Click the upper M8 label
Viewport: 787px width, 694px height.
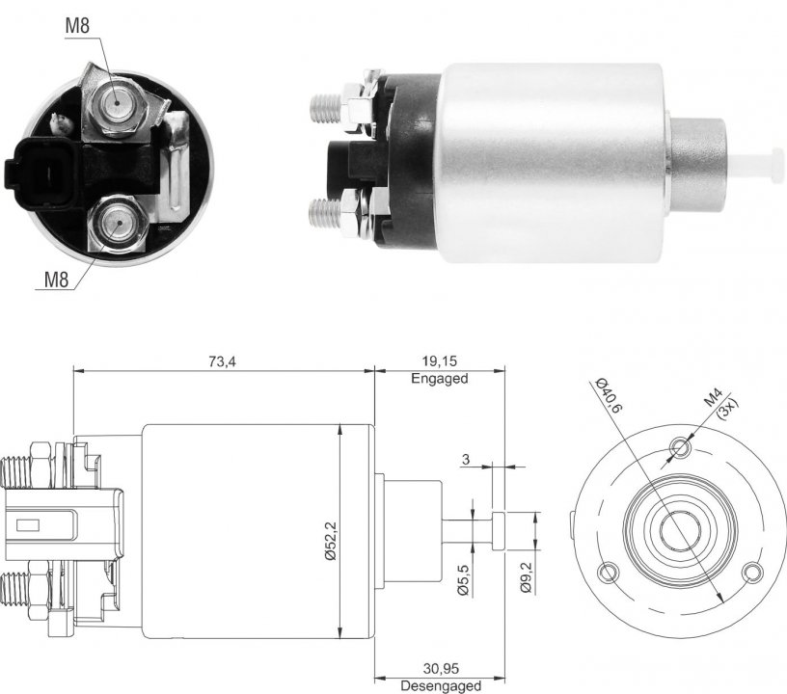(77, 26)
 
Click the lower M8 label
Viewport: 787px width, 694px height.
(56, 280)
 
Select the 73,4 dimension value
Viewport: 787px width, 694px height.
(222, 361)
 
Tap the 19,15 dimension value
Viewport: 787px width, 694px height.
(440, 361)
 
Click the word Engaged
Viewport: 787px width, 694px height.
(440, 379)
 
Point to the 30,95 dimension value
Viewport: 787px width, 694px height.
(441, 668)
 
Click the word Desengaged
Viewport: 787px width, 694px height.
(441, 685)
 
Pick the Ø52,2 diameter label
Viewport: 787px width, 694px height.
(331, 541)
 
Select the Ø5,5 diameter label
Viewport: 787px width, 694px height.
(463, 579)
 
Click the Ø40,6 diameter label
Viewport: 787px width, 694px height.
(609, 395)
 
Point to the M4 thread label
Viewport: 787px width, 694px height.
(713, 398)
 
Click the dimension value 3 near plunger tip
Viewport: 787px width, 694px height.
(466, 460)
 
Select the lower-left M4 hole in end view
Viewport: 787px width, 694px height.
(609, 572)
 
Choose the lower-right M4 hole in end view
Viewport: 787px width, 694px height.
(752, 572)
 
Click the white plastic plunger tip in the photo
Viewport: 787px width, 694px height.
(756, 164)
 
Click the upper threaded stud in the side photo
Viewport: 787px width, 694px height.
(326, 108)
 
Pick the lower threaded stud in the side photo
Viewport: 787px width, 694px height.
(326, 214)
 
